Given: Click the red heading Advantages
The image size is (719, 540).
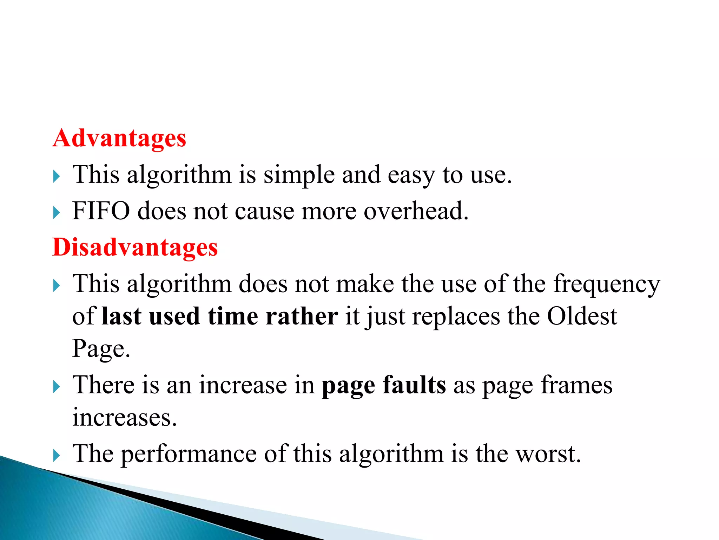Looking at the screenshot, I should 119,138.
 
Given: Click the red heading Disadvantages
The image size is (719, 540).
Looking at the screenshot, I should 135,247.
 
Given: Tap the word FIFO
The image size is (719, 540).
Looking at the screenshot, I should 101,211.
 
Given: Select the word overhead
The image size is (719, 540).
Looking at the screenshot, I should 416,211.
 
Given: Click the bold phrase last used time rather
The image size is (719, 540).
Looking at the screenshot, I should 220,316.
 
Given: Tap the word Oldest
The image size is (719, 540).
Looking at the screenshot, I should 582,316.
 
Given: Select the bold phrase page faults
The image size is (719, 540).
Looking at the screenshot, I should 384,385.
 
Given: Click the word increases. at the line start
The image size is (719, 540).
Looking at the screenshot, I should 125,418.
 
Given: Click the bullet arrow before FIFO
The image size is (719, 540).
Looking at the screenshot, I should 57,212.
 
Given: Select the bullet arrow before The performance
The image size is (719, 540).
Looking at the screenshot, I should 57,456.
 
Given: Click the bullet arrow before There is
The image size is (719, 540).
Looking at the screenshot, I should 57,387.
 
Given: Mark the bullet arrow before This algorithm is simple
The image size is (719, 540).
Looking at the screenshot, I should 57,176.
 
